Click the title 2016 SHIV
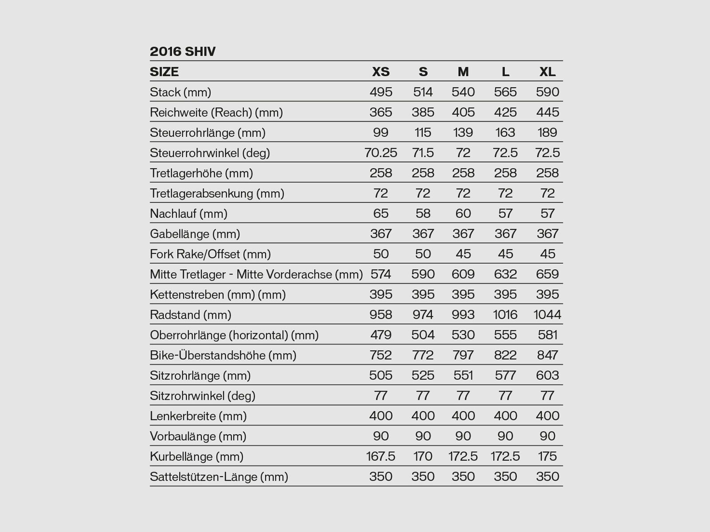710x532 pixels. pos(182,51)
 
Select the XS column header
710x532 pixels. pos(381,72)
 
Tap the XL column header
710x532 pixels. pos(547,72)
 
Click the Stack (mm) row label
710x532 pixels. pos(180,92)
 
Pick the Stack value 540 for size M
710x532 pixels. pos(463,92)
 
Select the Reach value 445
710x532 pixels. pos(547,112)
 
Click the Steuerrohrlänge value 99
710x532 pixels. pos(381,133)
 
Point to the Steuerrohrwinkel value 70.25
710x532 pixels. pos(381,153)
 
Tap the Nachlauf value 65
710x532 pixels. pos(381,214)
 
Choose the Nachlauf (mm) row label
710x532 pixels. pos(189,214)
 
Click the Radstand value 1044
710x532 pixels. pos(547,315)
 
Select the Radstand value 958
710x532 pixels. pos(381,315)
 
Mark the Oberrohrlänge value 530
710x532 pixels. pos(463,335)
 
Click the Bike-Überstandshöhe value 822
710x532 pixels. pos(505,355)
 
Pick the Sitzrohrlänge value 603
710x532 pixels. pos(547,376)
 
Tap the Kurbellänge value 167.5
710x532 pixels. pos(381,457)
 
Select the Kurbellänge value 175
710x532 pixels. pos(547,457)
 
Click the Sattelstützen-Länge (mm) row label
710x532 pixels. pos(219,477)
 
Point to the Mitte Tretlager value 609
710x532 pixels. pos(463,274)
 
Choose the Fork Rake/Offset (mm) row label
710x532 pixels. pos(210,254)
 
